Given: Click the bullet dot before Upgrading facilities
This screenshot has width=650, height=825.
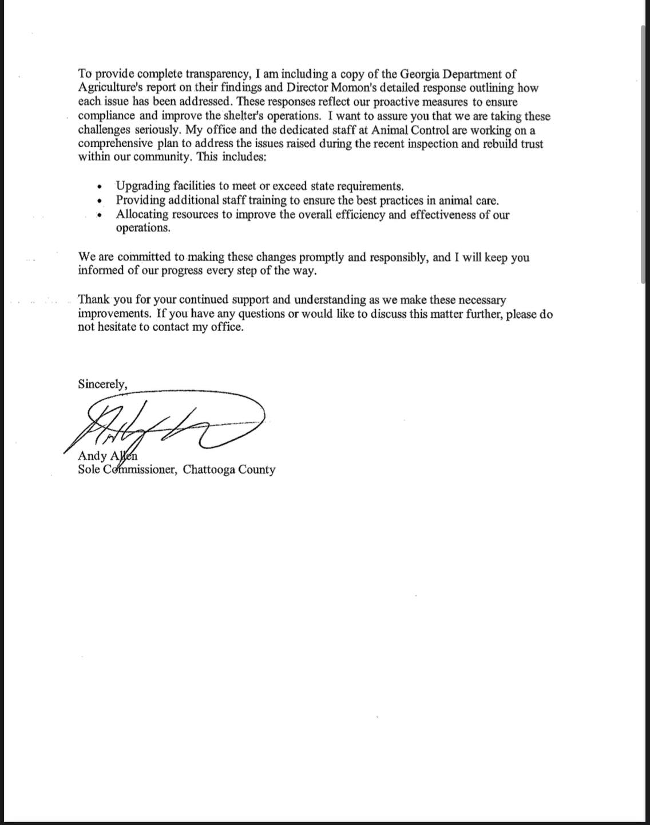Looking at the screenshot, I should tap(100, 187).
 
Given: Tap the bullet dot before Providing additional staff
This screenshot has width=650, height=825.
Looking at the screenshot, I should tap(100, 201).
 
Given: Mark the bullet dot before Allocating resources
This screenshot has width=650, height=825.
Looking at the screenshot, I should tap(100, 215).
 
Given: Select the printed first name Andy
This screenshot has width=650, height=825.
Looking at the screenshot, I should tap(92, 457).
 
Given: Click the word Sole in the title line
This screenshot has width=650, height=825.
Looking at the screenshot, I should tap(89, 470).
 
